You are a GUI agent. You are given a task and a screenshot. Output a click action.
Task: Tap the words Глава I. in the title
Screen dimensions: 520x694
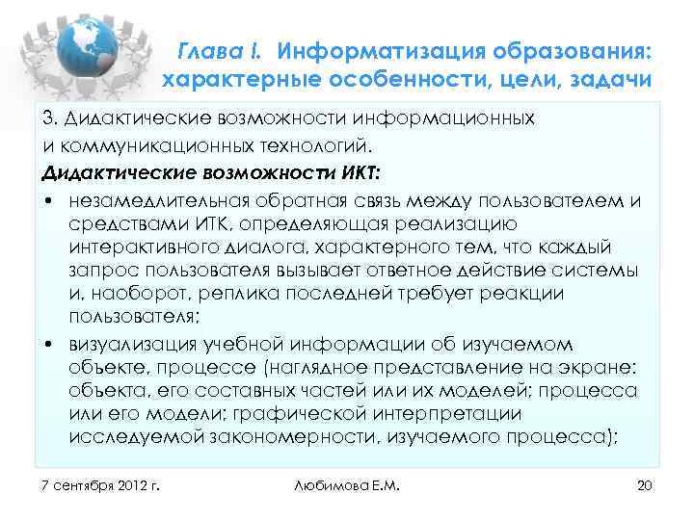(223, 48)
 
